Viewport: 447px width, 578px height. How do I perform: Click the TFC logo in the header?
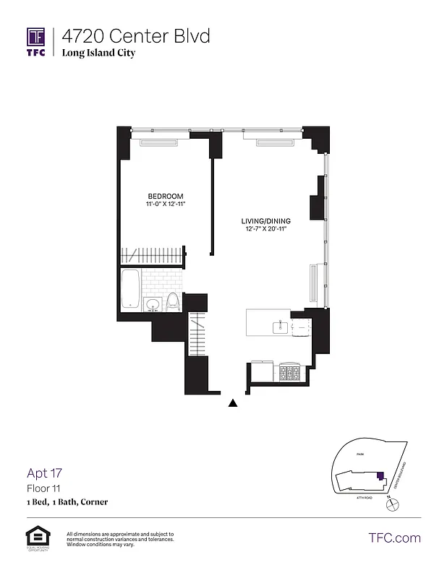point(36,41)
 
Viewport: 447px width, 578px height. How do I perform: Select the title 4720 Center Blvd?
point(135,35)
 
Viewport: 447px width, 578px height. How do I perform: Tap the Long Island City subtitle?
point(98,53)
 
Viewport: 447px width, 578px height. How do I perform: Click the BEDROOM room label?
point(166,197)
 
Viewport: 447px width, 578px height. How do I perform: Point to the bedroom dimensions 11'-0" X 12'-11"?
point(166,205)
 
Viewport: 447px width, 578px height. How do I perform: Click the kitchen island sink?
point(279,327)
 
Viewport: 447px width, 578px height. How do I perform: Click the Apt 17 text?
point(45,474)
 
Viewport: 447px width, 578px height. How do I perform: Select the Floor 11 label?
point(43,488)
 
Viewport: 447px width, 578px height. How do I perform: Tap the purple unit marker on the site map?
point(379,475)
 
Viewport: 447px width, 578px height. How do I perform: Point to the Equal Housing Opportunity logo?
point(36,538)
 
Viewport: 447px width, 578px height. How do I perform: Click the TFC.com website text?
point(394,538)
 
